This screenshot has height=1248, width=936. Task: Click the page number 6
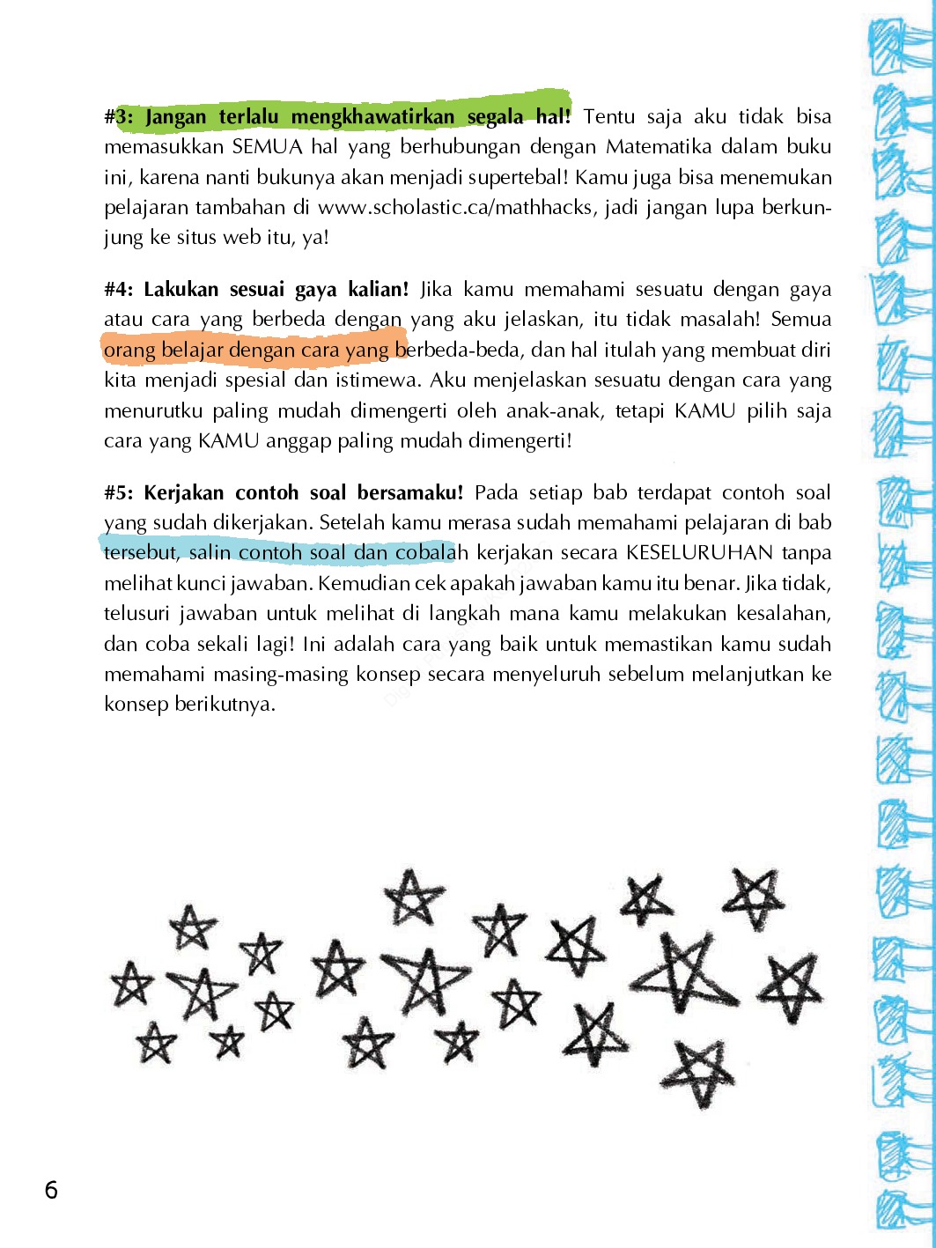coord(51,1190)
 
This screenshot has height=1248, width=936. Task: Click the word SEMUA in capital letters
coord(267,146)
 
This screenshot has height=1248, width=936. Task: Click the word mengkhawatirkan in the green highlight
coord(372,116)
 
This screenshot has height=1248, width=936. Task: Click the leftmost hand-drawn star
coord(132,984)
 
